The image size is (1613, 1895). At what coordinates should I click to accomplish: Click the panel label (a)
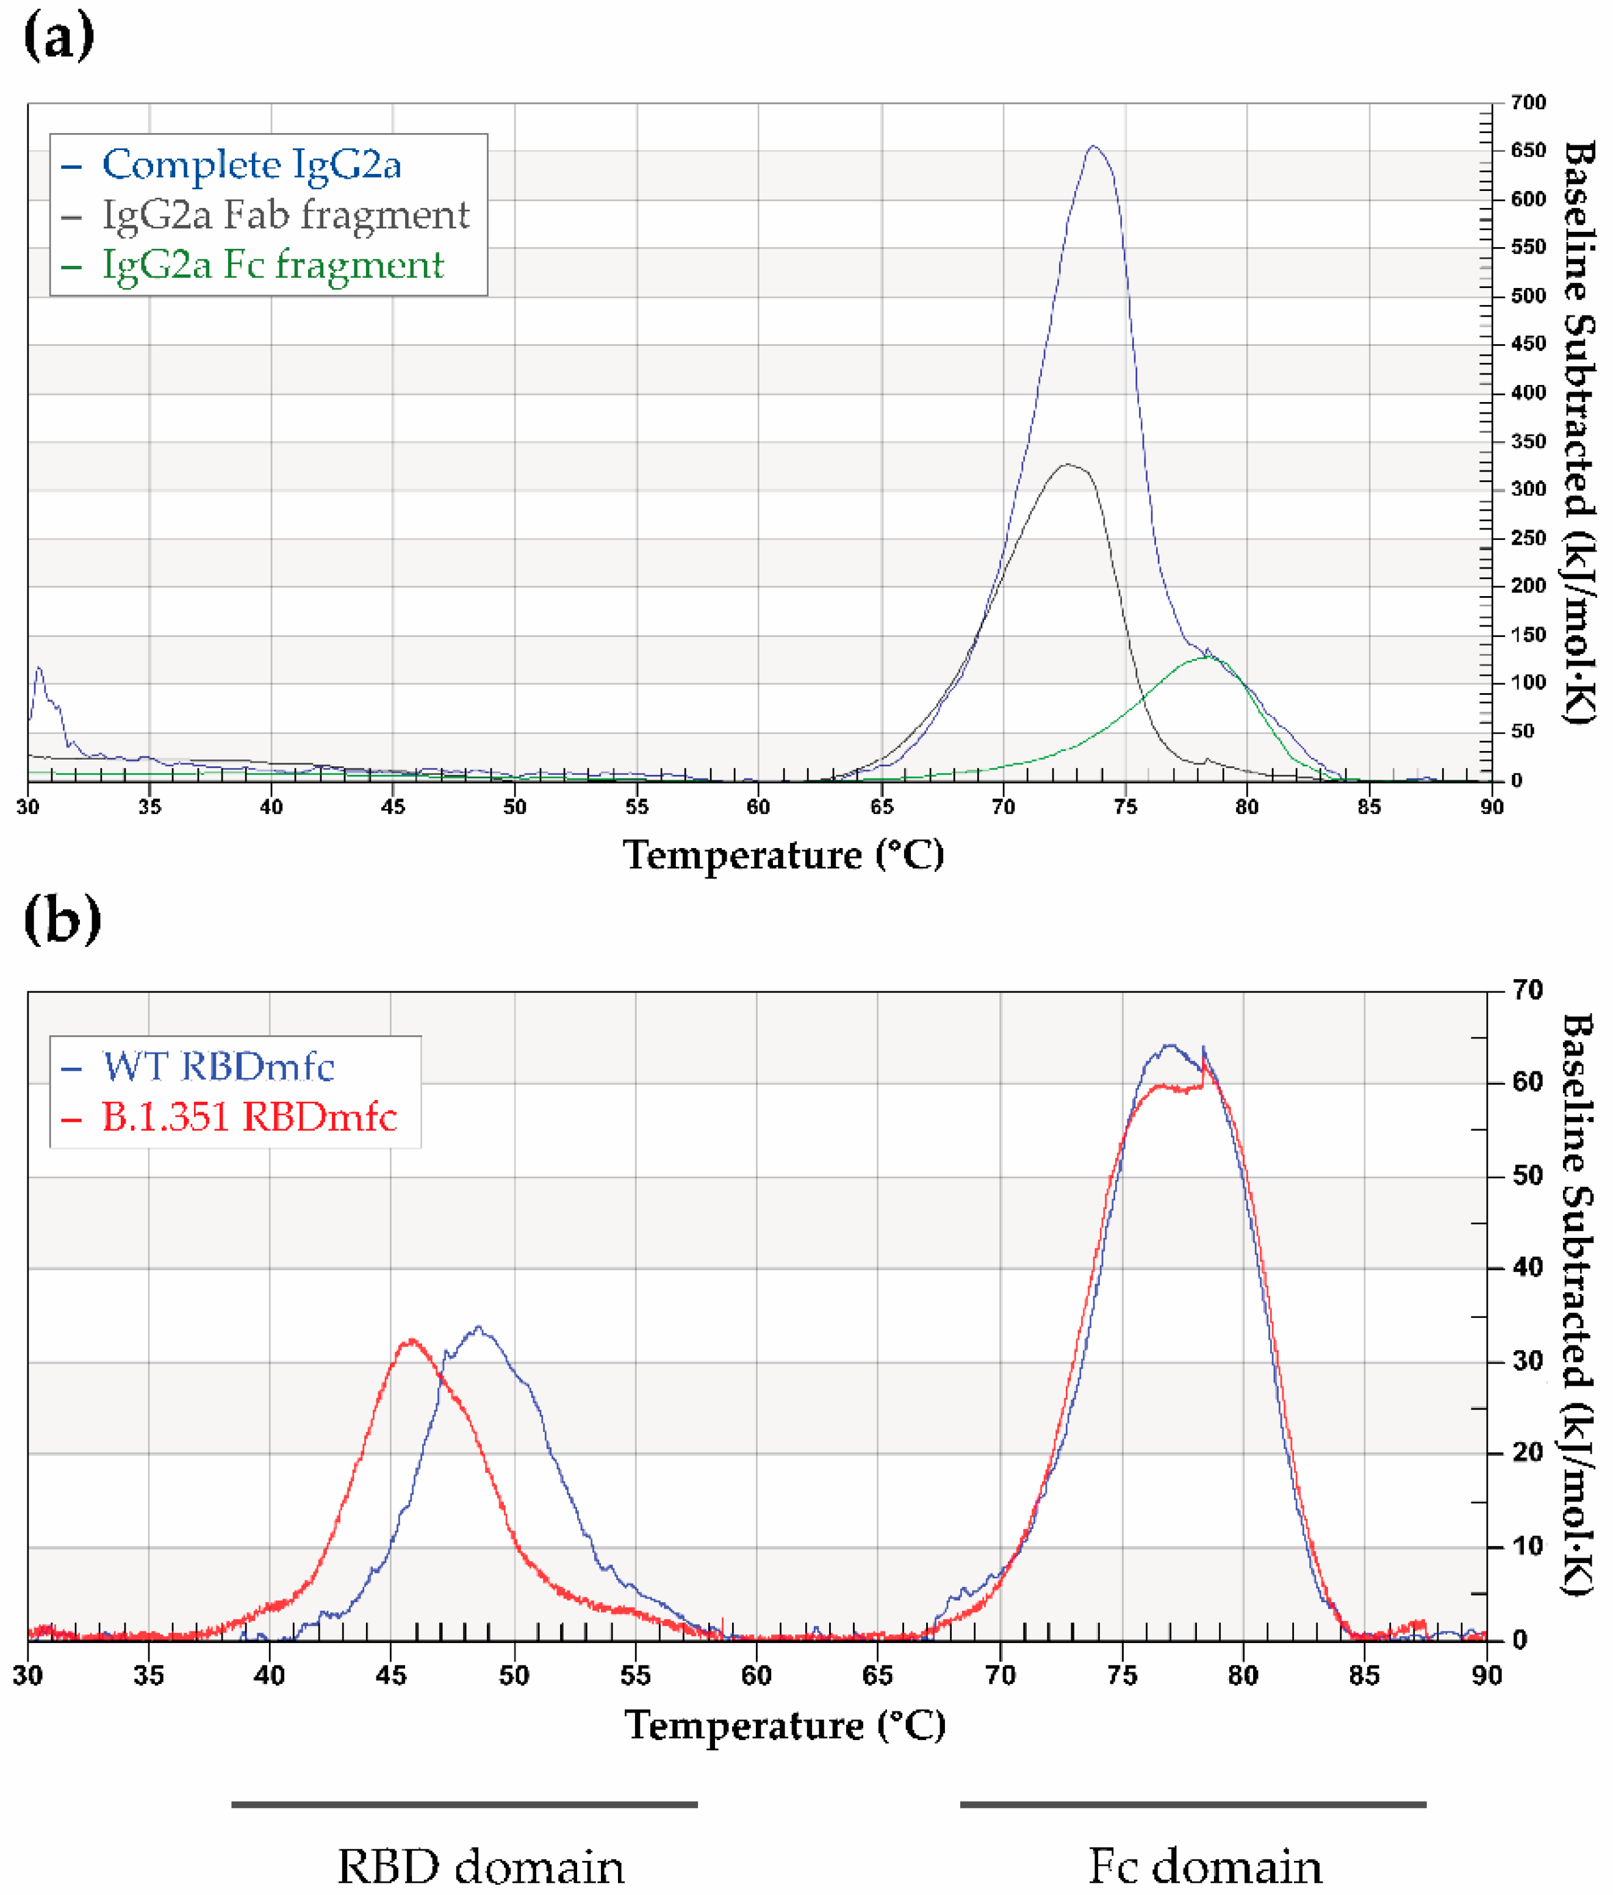(x=59, y=37)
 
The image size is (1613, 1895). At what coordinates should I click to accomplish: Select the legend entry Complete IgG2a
(x=251, y=165)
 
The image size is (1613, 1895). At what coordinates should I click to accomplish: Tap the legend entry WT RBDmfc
(x=218, y=1066)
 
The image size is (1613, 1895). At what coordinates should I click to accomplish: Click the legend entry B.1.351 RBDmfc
(x=249, y=1117)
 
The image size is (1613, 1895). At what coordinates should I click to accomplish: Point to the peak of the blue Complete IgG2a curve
(x=1093, y=146)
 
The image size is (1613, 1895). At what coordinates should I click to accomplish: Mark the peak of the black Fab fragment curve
(x=1067, y=465)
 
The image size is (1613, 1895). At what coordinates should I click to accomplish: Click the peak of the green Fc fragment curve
(x=1209, y=656)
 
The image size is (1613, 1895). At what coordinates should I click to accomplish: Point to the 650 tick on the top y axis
(x=1527, y=151)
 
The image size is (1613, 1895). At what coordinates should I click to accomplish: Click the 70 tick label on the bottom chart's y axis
(x=1527, y=990)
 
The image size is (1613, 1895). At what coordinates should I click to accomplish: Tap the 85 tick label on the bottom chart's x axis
(x=1364, y=1675)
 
